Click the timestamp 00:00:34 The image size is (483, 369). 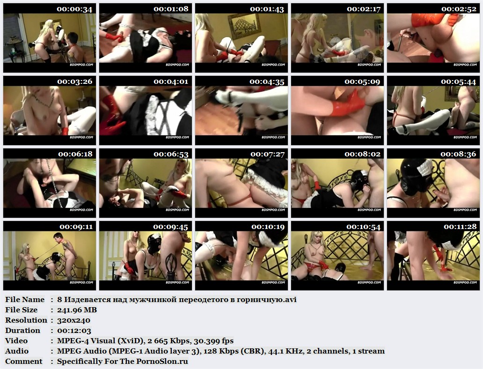click(74, 9)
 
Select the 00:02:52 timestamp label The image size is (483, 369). click(459, 9)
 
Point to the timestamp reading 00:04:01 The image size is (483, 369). click(171, 81)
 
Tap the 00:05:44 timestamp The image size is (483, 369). click(459, 81)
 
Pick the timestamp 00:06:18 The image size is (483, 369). click(75, 154)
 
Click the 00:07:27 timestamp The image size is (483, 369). click(267, 154)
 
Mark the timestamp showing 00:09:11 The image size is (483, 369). click(76, 227)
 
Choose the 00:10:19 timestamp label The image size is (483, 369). click(268, 227)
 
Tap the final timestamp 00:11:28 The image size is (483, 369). click(460, 227)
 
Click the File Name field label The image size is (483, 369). click(25, 299)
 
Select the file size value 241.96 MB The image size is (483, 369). click(77, 310)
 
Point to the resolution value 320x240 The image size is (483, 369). click(73, 320)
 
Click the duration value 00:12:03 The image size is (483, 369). click(74, 331)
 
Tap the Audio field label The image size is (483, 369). click(17, 351)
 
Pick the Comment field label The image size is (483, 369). click(24, 362)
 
